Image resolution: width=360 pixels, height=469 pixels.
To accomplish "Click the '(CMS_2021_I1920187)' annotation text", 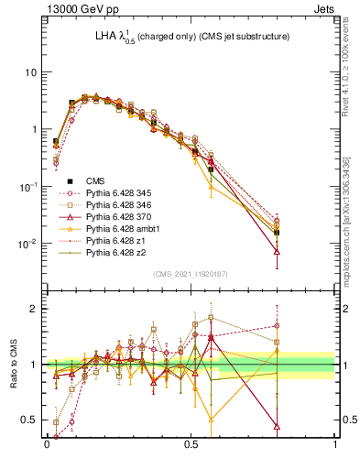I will (x=190, y=273).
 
